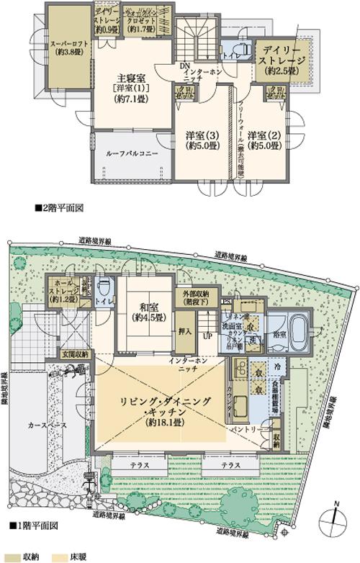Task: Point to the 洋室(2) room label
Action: point(263,135)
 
